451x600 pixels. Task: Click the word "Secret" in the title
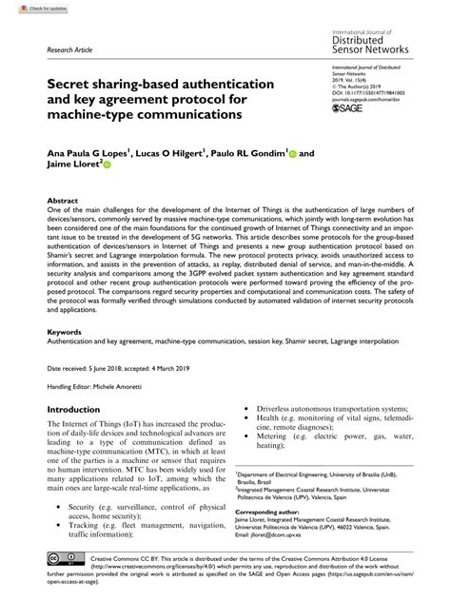tap(76, 85)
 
